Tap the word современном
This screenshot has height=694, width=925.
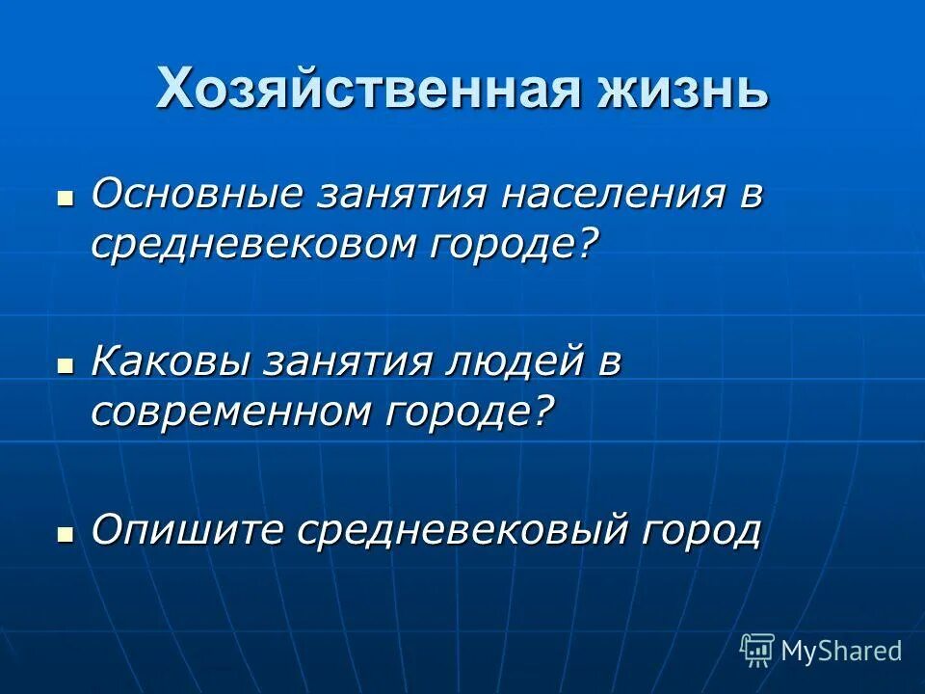[227, 412]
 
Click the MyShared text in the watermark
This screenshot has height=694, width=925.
[841, 651]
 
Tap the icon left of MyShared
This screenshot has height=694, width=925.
[757, 650]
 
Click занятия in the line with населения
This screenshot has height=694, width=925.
[391, 194]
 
